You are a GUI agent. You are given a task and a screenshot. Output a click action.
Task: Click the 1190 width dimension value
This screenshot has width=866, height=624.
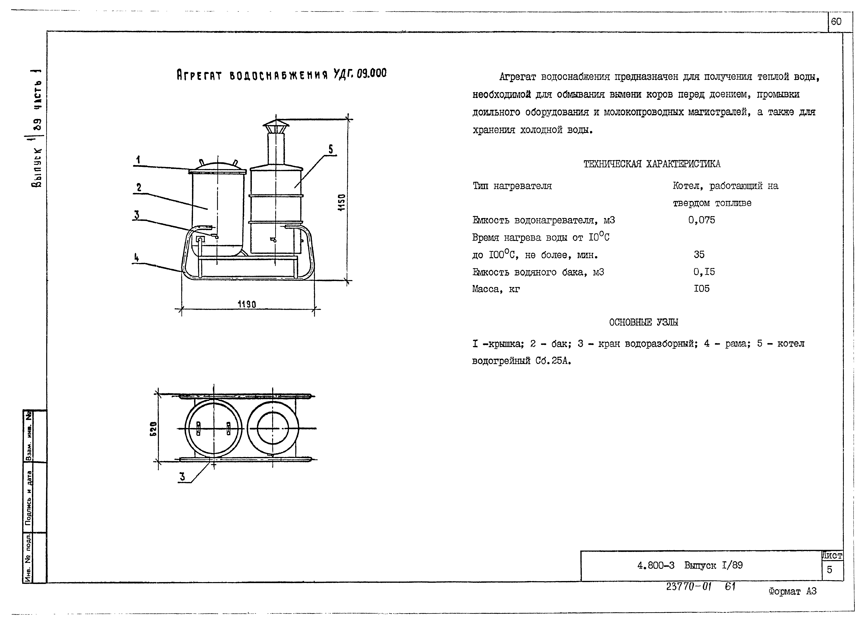247,304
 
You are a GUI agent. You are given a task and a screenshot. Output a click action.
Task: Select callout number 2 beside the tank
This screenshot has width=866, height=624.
139,187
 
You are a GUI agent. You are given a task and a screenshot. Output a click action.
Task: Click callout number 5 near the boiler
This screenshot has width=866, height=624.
331,149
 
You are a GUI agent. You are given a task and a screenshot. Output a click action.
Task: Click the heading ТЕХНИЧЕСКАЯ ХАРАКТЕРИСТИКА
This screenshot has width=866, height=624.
652,164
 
